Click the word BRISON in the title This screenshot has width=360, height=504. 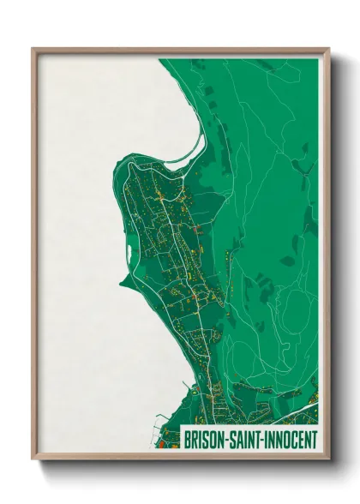[204, 439]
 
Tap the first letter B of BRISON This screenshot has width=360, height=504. [188, 439]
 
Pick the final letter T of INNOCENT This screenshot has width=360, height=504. [314, 439]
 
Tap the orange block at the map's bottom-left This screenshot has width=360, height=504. [159, 444]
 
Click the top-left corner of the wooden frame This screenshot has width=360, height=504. [33, 49]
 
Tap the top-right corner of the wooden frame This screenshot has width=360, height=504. [328, 49]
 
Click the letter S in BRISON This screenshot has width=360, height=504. [206, 439]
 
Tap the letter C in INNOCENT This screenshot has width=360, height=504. [297, 439]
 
